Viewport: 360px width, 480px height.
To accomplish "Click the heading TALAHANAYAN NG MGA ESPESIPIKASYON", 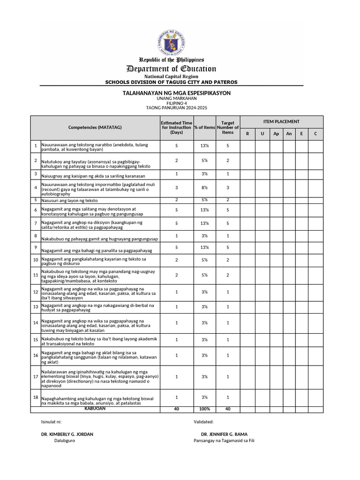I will click(x=177, y=93).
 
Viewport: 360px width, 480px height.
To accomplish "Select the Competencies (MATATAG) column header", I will click(x=95, y=127).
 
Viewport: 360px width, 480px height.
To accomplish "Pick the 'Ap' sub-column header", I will click(x=276, y=134).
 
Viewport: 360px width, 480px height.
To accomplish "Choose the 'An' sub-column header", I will click(x=289, y=134).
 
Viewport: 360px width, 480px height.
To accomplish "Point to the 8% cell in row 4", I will click(x=204, y=187).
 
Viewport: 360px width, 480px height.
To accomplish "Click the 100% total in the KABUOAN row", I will click(x=204, y=409).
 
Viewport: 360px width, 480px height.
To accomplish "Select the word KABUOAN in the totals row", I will click(x=95, y=409).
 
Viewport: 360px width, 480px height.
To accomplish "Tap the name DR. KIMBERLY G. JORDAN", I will click(x=67, y=434).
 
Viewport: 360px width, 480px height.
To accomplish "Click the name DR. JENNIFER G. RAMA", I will click(x=224, y=434).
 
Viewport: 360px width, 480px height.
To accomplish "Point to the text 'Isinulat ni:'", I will click(x=52, y=422).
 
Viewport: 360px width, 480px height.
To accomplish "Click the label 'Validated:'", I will click(x=203, y=422).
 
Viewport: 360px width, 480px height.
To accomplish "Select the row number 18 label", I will click(x=36, y=397).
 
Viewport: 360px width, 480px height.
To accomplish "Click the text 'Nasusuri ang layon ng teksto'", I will click(x=69, y=200).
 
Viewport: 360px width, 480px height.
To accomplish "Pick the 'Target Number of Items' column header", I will click(x=228, y=127).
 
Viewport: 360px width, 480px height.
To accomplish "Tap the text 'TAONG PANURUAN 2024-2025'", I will click(x=176, y=108).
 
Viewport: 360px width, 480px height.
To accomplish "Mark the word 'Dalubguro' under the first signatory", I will click(x=64, y=441).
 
